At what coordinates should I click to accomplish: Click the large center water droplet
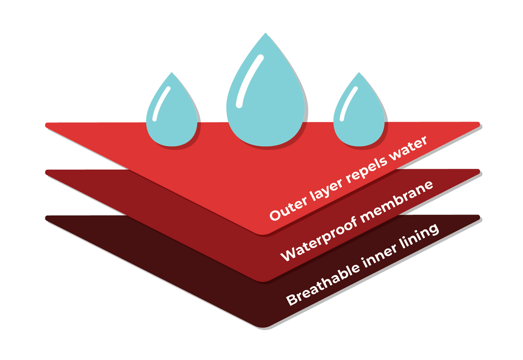tap(266, 105)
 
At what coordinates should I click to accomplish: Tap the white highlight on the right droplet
tap(349, 104)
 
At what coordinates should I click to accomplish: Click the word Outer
tap(288, 208)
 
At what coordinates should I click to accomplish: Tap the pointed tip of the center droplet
tap(266, 34)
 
